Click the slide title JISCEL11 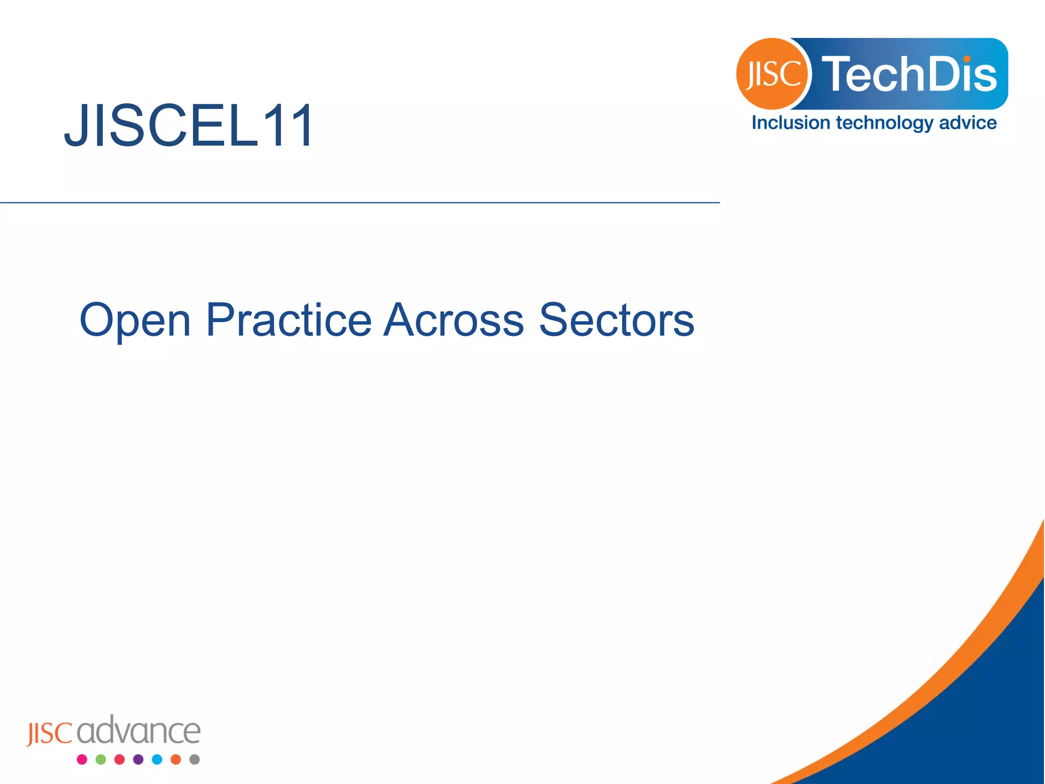click(x=189, y=126)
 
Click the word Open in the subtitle click(x=135, y=320)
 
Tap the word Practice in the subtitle click(x=288, y=320)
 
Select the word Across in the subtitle click(x=453, y=320)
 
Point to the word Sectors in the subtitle click(x=616, y=320)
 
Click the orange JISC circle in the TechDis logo click(x=772, y=74)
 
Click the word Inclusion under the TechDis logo click(x=791, y=123)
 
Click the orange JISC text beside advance click(x=49, y=733)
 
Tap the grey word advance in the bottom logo click(x=139, y=731)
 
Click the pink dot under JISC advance click(x=82, y=759)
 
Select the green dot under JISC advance click(x=101, y=759)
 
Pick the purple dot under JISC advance click(x=138, y=759)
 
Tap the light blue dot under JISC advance click(x=157, y=759)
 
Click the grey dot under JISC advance click(x=194, y=759)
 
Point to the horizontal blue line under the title click(x=357, y=203)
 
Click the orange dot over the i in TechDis click(x=967, y=59)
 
